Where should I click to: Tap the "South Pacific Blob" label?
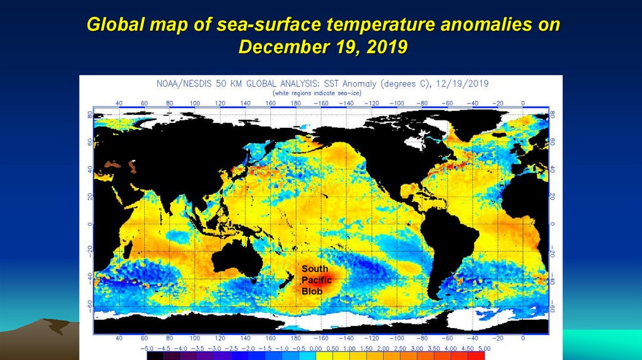pyautogui.click(x=316, y=280)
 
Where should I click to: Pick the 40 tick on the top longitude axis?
pyautogui.click(x=118, y=103)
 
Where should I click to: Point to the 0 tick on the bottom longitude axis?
pyautogui.click(x=523, y=338)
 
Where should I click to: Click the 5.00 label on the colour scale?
pyautogui.click(x=482, y=347)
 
